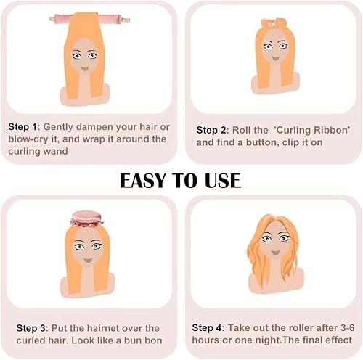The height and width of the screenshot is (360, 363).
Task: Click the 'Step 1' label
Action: click(23, 126)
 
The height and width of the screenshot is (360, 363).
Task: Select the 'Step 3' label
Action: click(23, 328)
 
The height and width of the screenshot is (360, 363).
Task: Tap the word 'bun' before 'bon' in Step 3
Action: click(131, 340)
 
